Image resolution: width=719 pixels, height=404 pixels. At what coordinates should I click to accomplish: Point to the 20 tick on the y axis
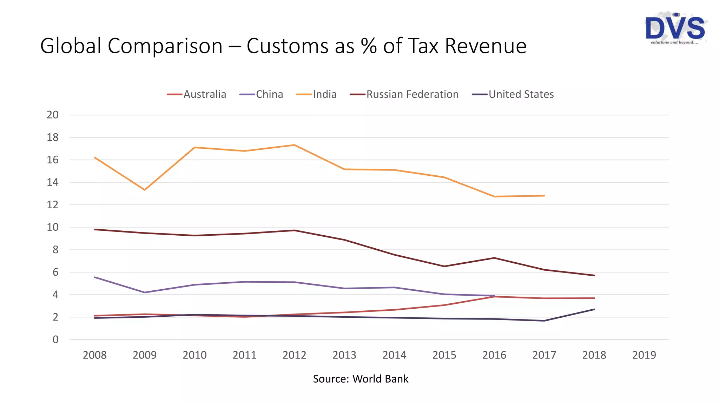click(53, 115)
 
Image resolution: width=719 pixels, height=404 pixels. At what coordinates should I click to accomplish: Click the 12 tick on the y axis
click(53, 205)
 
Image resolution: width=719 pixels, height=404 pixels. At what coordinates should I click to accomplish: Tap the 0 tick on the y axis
click(55, 339)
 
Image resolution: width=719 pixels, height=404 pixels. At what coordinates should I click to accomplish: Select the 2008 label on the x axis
click(94, 355)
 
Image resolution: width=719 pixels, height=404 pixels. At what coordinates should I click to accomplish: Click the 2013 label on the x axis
click(344, 355)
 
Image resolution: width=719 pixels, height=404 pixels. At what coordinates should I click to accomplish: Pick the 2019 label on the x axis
click(644, 355)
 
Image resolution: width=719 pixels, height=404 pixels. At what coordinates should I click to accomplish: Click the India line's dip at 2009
click(145, 190)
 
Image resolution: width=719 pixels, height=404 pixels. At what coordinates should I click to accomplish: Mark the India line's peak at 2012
click(294, 145)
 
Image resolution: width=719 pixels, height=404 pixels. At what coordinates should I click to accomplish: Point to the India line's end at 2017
click(544, 196)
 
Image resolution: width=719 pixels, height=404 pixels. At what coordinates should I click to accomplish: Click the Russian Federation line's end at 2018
click(594, 275)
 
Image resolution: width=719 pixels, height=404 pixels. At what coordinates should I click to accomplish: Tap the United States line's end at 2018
click(594, 309)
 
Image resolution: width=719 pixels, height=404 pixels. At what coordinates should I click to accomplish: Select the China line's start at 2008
click(95, 277)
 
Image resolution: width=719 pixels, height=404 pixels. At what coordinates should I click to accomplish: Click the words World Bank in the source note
click(380, 379)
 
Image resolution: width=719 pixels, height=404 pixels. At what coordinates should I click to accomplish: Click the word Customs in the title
click(300, 46)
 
